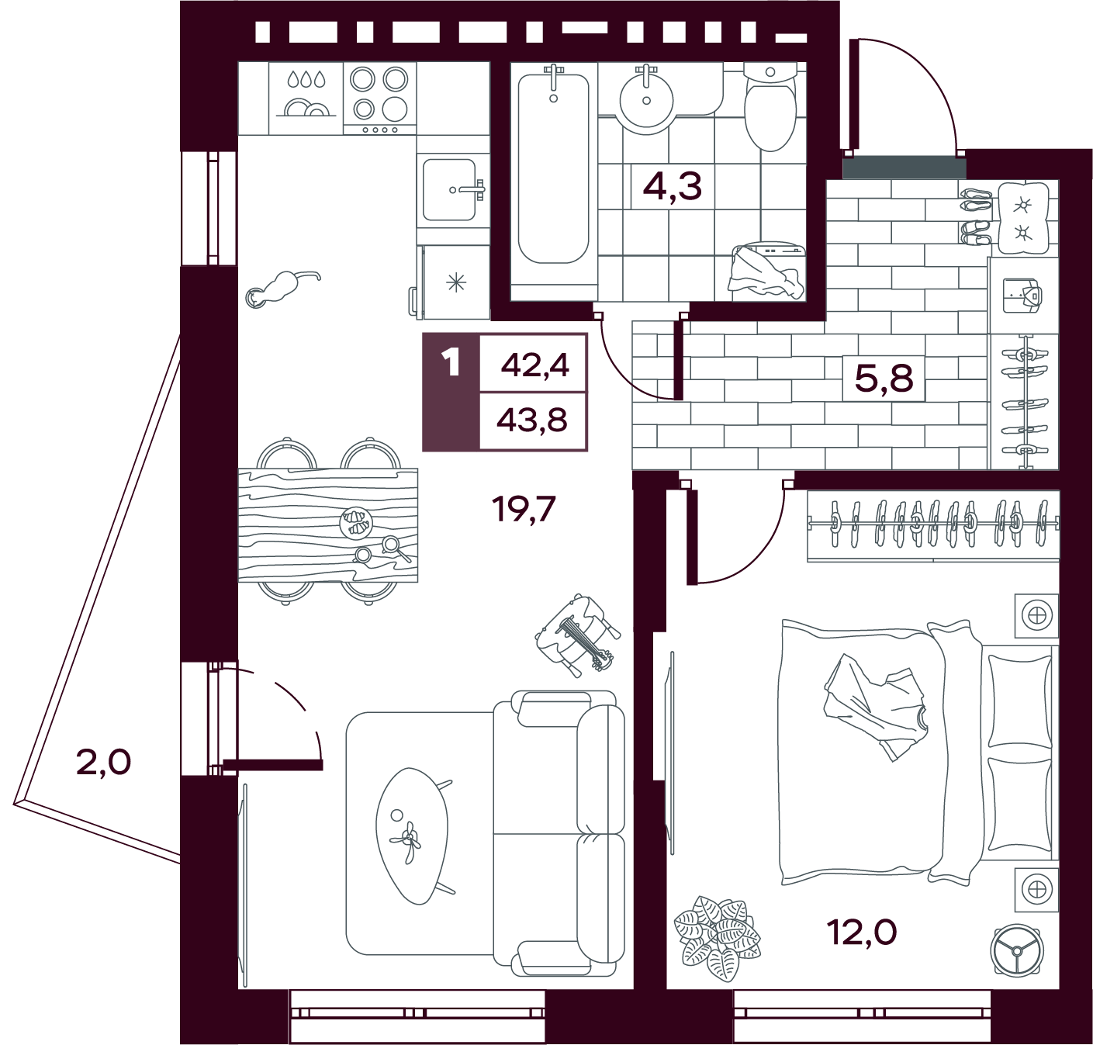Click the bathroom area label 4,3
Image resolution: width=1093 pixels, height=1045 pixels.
click(x=672, y=186)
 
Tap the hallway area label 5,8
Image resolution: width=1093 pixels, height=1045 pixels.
click(x=884, y=378)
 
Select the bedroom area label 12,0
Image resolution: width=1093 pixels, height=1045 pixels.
click(x=861, y=933)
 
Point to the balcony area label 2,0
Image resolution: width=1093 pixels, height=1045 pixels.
click(x=103, y=763)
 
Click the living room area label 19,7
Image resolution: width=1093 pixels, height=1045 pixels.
click(x=524, y=509)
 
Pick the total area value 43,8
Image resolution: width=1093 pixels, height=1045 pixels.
click(x=532, y=420)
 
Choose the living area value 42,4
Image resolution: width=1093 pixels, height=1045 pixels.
click(x=534, y=365)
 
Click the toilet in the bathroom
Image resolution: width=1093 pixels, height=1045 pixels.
click(x=770, y=106)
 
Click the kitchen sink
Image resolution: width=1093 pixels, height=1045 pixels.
click(x=452, y=190)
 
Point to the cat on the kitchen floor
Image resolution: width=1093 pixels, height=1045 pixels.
click(x=282, y=289)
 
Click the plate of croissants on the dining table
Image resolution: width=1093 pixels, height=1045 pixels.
click(x=355, y=524)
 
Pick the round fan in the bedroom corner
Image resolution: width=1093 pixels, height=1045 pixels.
click(x=1016, y=950)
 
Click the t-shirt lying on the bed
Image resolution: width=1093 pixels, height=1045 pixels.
click(x=875, y=707)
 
